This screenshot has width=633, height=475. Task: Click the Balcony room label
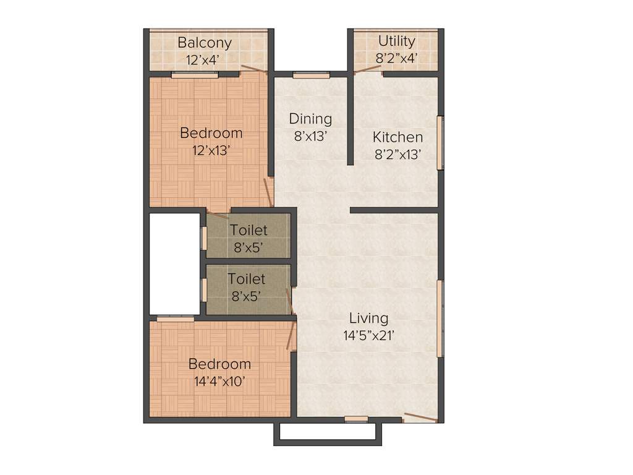point(205,43)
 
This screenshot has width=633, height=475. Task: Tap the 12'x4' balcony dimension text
point(205,60)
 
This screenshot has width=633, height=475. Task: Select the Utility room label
point(396,41)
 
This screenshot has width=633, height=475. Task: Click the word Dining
point(310,118)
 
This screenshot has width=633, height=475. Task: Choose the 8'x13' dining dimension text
point(310,135)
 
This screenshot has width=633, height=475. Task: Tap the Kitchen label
point(397,137)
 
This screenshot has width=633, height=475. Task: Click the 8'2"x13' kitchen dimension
point(397,155)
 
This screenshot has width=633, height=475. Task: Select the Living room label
point(369,318)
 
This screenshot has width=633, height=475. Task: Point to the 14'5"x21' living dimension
point(369,336)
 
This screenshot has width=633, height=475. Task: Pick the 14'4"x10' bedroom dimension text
point(219,381)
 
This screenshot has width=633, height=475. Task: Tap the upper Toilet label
point(249,231)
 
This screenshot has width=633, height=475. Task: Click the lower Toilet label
point(246,279)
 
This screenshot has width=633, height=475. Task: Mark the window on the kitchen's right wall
point(441,142)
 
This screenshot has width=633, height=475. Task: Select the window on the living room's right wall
point(440,319)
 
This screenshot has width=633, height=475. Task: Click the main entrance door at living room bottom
point(420,417)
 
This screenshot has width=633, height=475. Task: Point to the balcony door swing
point(254,69)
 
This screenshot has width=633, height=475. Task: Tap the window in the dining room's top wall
point(311,75)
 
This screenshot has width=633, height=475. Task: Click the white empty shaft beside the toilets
point(174,263)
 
